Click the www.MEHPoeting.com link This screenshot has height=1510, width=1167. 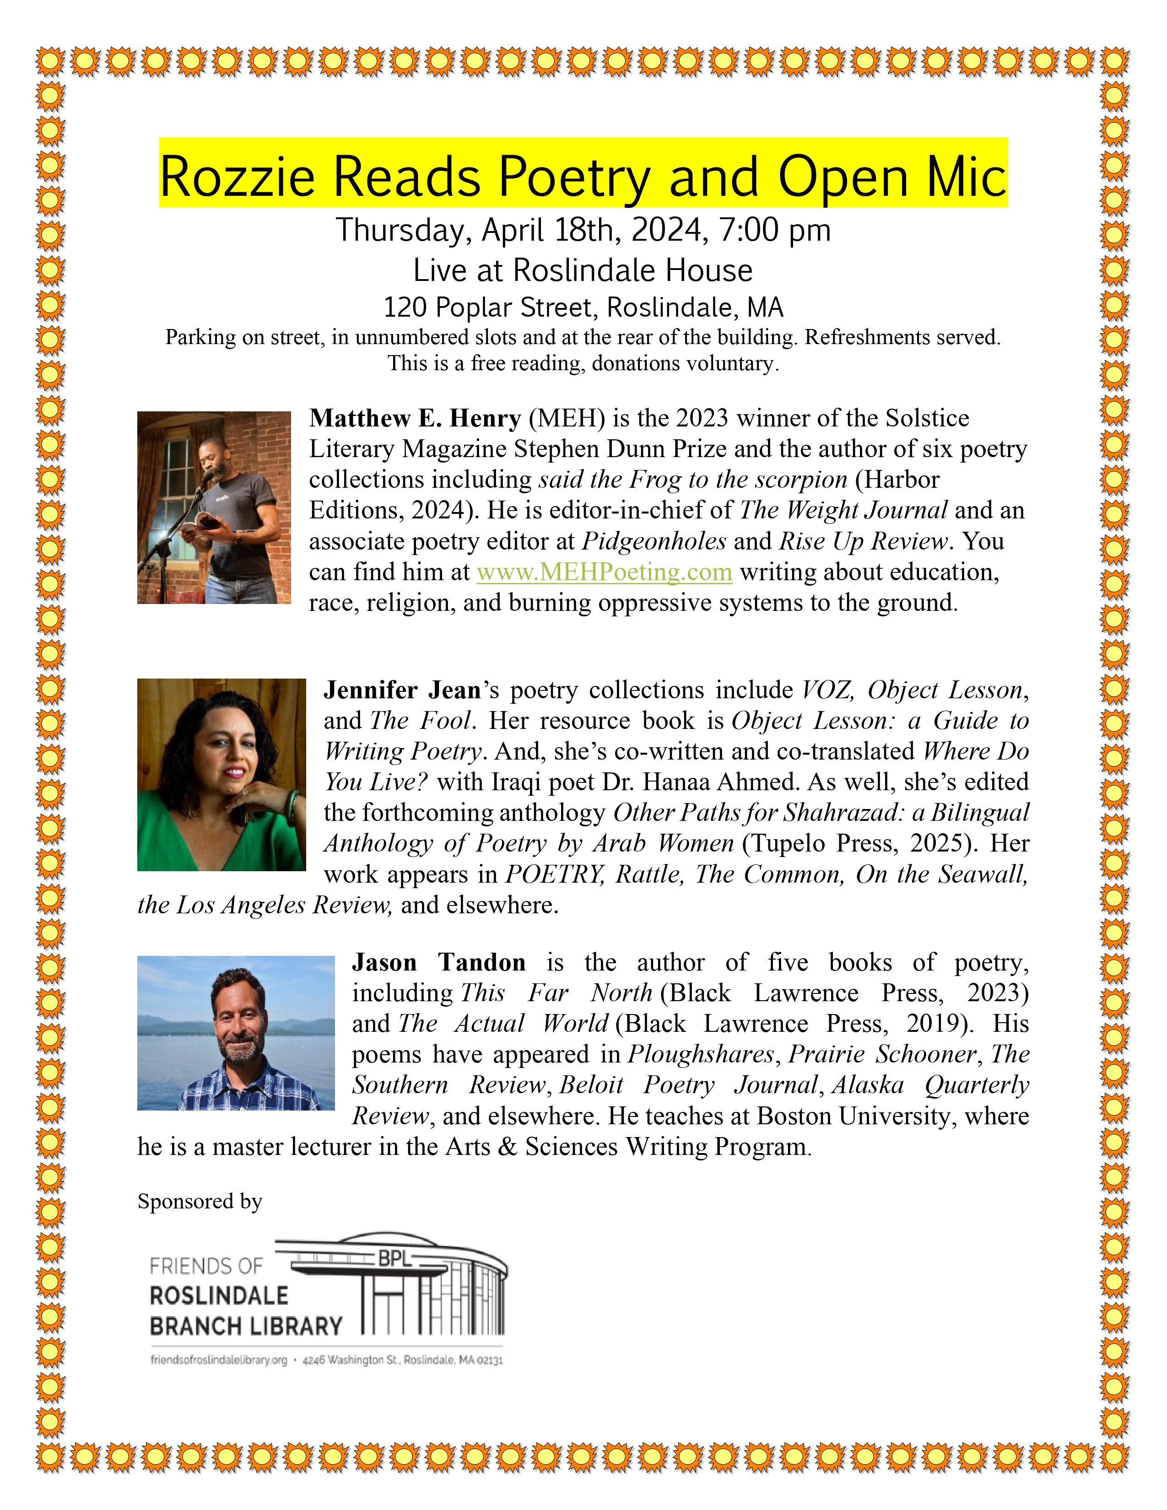tap(604, 572)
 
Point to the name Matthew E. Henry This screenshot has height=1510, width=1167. tap(415, 418)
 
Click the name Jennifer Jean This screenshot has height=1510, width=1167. tap(402, 690)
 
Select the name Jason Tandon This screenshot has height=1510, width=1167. tap(438, 962)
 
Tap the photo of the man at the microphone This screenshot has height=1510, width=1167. tap(214, 507)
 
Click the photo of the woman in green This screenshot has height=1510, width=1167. tap(221, 774)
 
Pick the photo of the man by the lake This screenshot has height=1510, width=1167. tap(236, 1032)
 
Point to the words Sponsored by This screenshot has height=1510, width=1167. tap(200, 1202)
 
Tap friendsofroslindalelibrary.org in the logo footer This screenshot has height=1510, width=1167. tap(218, 1360)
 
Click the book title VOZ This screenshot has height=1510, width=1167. tap(827, 690)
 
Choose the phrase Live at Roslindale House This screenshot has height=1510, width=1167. tap(583, 270)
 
